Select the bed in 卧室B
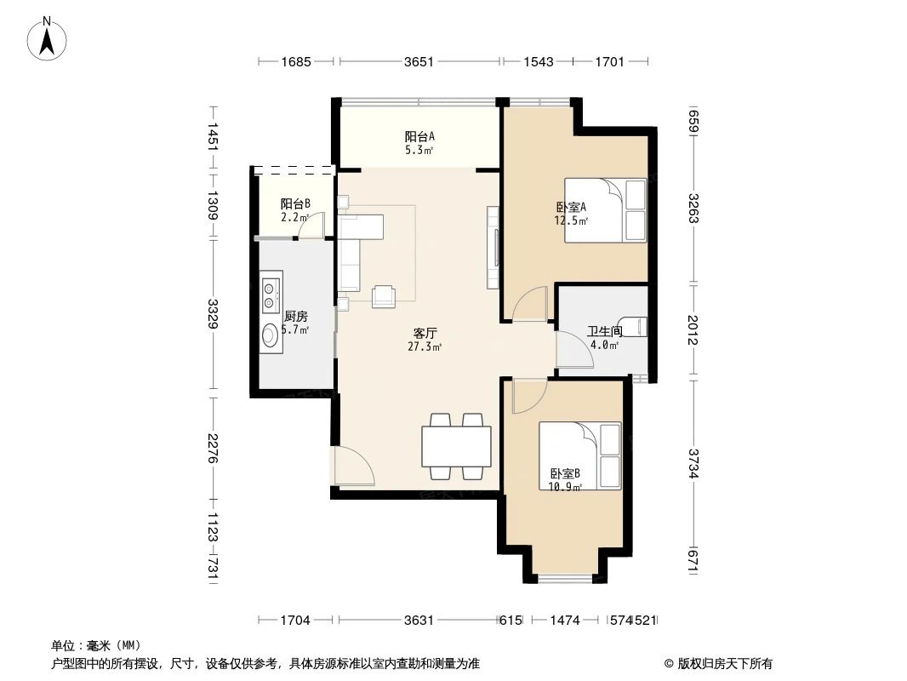(x=579, y=455)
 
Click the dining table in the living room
(x=456, y=445)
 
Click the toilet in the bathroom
(x=639, y=328)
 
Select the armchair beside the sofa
(x=384, y=295)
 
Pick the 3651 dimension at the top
(x=419, y=61)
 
